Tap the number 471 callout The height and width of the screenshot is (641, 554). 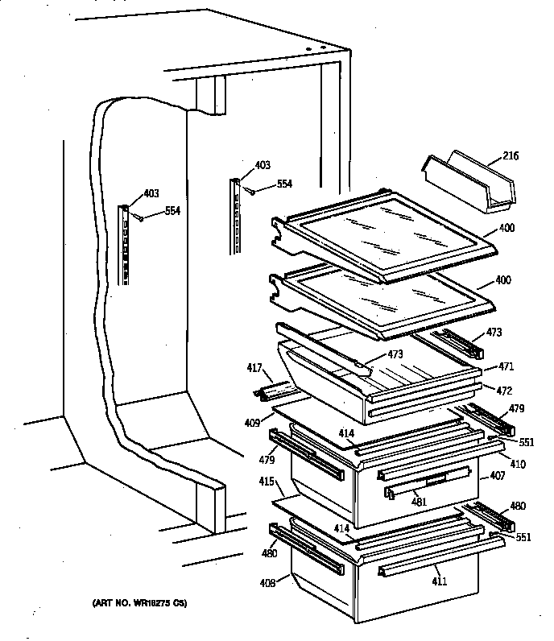(x=505, y=366)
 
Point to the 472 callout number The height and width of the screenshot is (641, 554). (x=505, y=390)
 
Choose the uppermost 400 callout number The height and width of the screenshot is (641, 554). (x=506, y=228)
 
